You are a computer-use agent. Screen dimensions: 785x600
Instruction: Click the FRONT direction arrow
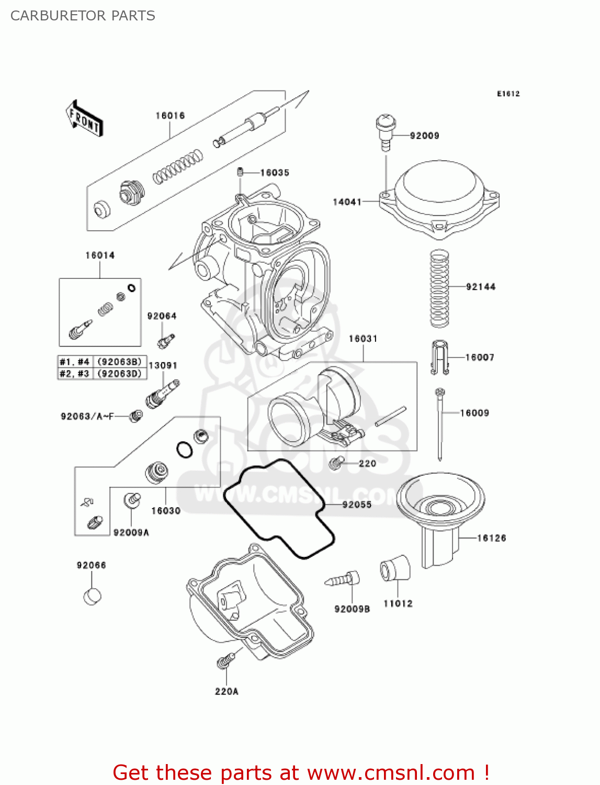84,119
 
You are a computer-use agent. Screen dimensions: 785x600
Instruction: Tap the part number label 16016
170,116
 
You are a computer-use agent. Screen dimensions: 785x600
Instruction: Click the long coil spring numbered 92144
439,288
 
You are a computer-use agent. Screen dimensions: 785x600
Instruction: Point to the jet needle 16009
440,424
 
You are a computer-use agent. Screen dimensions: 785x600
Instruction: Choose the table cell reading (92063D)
120,374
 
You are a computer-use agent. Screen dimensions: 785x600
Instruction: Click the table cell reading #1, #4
75,362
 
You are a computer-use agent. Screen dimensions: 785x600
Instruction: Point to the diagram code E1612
508,94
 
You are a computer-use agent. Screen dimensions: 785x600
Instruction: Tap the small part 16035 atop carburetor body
240,172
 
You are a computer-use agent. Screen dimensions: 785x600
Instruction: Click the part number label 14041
347,202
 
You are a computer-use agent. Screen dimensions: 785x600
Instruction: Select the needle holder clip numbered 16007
439,357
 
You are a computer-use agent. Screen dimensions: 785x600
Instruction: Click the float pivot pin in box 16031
390,417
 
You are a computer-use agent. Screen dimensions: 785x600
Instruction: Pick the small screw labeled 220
336,463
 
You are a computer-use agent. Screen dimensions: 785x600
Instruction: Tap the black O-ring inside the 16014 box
132,287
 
